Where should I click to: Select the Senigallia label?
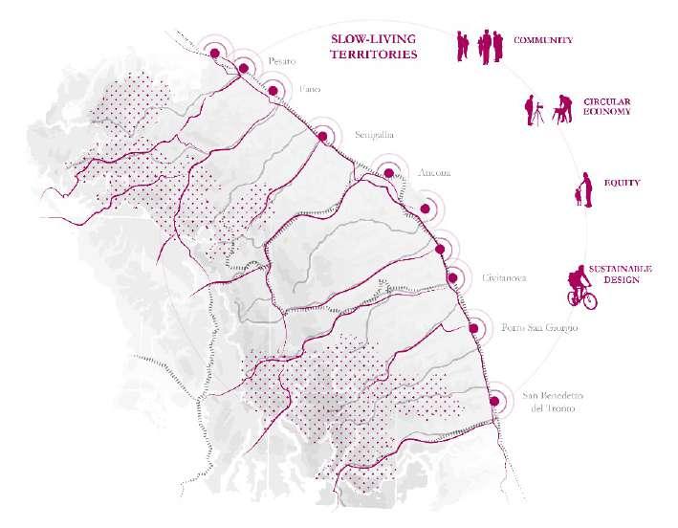point(374,134)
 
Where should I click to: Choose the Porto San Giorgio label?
point(539,328)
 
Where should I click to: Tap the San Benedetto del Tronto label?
point(552,404)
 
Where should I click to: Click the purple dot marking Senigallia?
point(322,138)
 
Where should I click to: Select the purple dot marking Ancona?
point(389,174)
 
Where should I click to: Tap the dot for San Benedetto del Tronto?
point(494,402)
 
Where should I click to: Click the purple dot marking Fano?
point(273,91)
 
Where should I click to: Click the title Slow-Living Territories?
point(374,48)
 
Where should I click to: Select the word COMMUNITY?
point(543,40)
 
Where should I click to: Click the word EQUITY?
point(622,182)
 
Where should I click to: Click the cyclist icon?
point(580,288)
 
